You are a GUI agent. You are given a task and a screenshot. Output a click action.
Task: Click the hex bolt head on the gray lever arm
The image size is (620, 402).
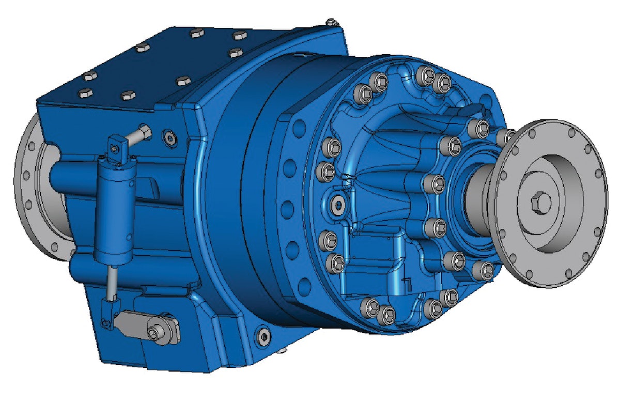[154, 333]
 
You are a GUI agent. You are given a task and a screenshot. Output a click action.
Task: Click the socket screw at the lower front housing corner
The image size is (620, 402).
[264, 336]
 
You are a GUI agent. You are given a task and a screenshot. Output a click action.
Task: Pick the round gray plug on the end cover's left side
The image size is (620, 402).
[338, 206]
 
